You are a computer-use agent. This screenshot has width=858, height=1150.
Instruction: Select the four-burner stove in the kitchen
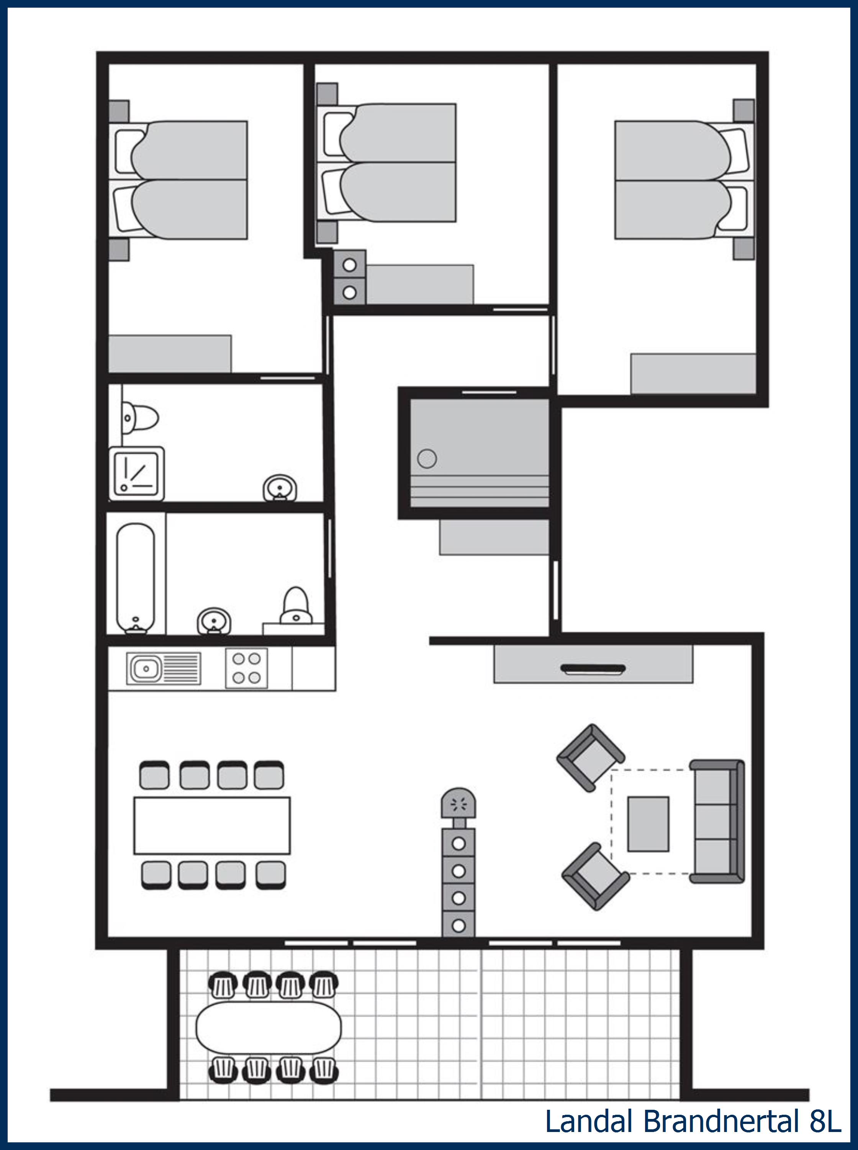pyautogui.click(x=247, y=668)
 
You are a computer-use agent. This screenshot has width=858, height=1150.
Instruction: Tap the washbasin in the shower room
pyautogui.click(x=280, y=489)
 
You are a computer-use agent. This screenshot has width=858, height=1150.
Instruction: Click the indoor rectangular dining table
pyautogui.click(x=212, y=826)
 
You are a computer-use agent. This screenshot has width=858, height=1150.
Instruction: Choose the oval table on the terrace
pyautogui.click(x=268, y=1027)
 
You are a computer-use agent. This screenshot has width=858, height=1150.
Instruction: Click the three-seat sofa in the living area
pyautogui.click(x=717, y=821)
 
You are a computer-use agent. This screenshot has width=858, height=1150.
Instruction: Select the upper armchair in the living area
pyautogui.click(x=591, y=758)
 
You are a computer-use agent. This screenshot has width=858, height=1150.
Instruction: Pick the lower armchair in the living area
pyautogui.click(x=595, y=876)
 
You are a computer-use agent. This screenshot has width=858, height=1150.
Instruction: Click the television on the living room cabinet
pyautogui.click(x=593, y=669)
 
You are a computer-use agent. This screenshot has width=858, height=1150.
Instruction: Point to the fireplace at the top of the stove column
pyautogui.click(x=458, y=804)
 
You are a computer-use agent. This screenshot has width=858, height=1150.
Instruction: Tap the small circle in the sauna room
pyautogui.click(x=427, y=458)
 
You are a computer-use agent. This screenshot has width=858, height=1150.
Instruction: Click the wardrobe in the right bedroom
pyautogui.click(x=693, y=374)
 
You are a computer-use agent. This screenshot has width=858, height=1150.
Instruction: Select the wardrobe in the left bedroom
pyautogui.click(x=170, y=353)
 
